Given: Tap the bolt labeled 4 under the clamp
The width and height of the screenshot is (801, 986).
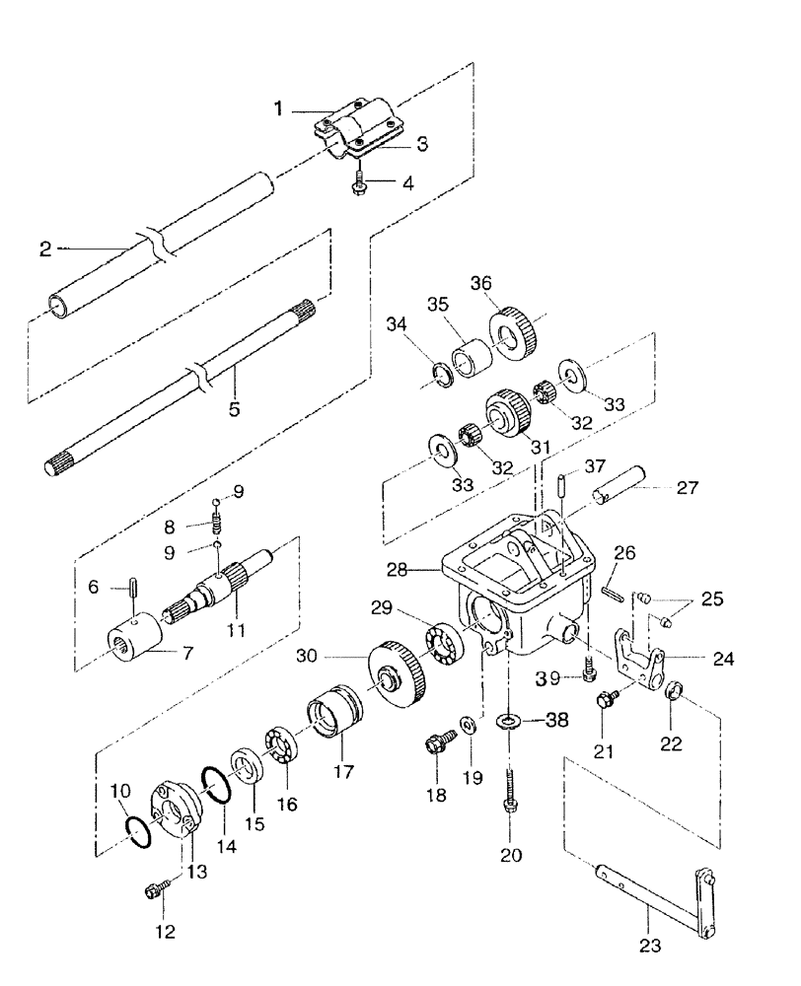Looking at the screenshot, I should (x=360, y=183).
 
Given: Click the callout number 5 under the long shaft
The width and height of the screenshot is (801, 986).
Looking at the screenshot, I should (x=234, y=406).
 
